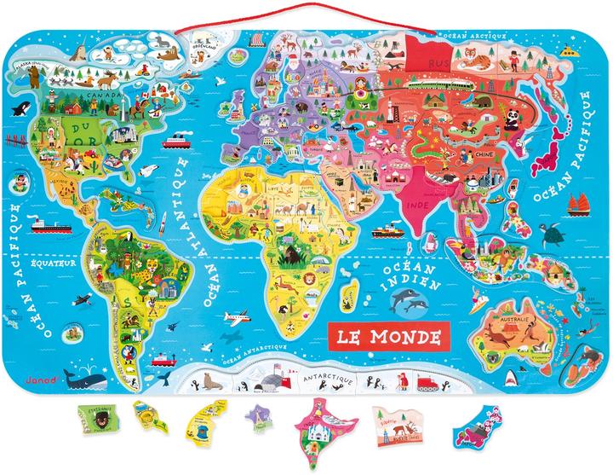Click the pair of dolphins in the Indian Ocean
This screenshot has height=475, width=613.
(408, 299)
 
